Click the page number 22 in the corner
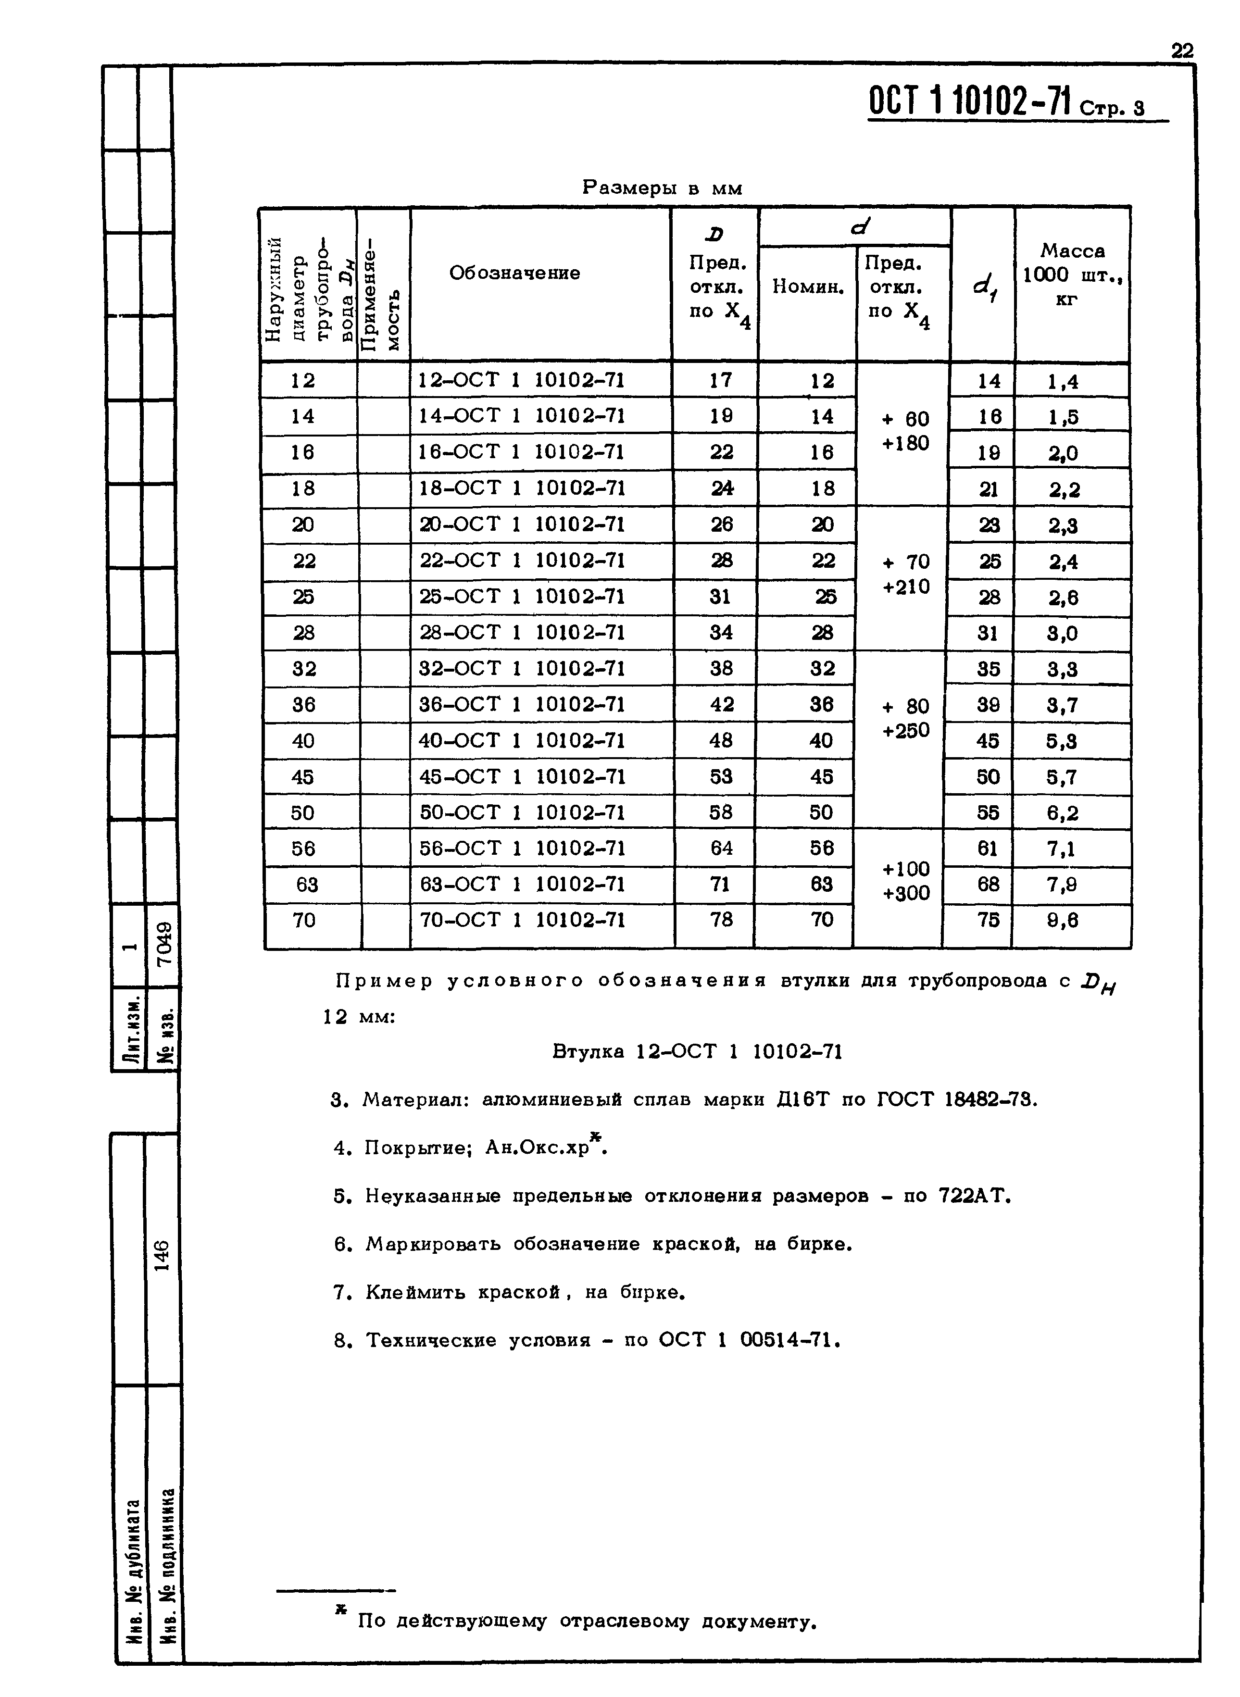(x=1181, y=51)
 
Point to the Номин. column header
(x=808, y=286)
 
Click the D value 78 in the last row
(x=721, y=920)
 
